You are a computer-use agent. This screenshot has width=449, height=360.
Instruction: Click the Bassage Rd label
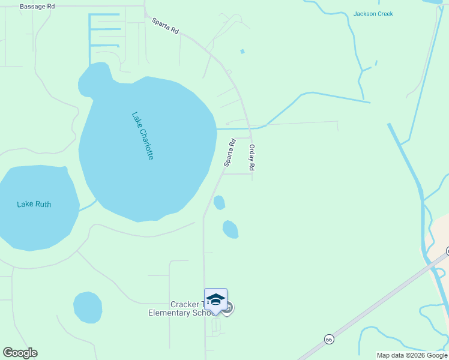pyautogui.click(x=37, y=7)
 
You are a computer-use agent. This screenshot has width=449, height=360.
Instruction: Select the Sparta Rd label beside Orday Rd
pyautogui.click(x=229, y=152)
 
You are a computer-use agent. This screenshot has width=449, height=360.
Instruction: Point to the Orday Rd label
pyautogui.click(x=253, y=159)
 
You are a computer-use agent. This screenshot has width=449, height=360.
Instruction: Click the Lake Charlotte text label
pyautogui.click(x=143, y=136)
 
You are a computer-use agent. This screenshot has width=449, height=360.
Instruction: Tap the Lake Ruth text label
pyautogui.click(x=34, y=204)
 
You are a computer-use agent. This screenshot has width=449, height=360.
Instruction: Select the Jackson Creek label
pyautogui.click(x=373, y=14)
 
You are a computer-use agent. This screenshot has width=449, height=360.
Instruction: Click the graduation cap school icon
pyautogui.click(x=215, y=299)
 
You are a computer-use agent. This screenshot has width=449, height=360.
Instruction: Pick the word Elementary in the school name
pyautogui.click(x=172, y=313)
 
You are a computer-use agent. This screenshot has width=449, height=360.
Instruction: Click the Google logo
pyautogui.click(x=20, y=353)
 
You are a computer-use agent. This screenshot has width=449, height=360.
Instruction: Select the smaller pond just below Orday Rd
pyautogui.click(x=219, y=203)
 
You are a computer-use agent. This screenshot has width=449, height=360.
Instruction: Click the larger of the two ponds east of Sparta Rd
pyautogui.click(x=231, y=229)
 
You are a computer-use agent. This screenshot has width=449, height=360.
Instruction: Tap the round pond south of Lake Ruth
pyautogui.click(x=88, y=307)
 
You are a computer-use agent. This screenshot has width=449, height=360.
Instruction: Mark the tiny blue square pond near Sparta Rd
pyautogui.click(x=243, y=52)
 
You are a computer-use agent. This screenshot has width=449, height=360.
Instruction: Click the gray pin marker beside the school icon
pyautogui.click(x=228, y=308)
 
